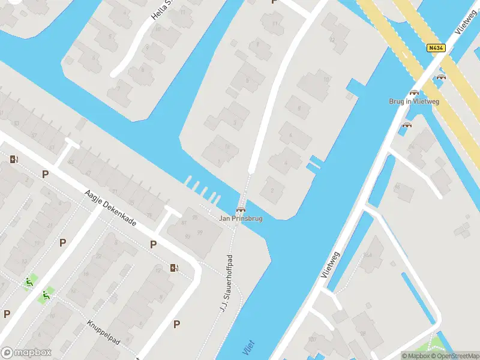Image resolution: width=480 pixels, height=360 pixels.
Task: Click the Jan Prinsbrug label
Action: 240,218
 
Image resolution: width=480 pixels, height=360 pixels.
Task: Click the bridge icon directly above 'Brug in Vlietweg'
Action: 413,93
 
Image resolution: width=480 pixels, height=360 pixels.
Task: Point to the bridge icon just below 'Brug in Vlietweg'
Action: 407,125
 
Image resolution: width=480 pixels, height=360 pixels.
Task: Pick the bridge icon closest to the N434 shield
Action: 442,76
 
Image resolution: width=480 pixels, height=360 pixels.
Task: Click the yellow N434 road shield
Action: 436,47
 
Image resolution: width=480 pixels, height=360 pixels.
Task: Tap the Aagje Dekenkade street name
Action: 110,208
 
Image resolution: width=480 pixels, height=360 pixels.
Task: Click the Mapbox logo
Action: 26,353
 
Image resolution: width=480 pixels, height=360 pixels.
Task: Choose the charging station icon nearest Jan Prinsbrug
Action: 174,268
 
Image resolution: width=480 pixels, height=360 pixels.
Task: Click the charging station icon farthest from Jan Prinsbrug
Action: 13,159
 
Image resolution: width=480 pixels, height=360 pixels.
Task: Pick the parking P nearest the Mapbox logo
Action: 7,314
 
